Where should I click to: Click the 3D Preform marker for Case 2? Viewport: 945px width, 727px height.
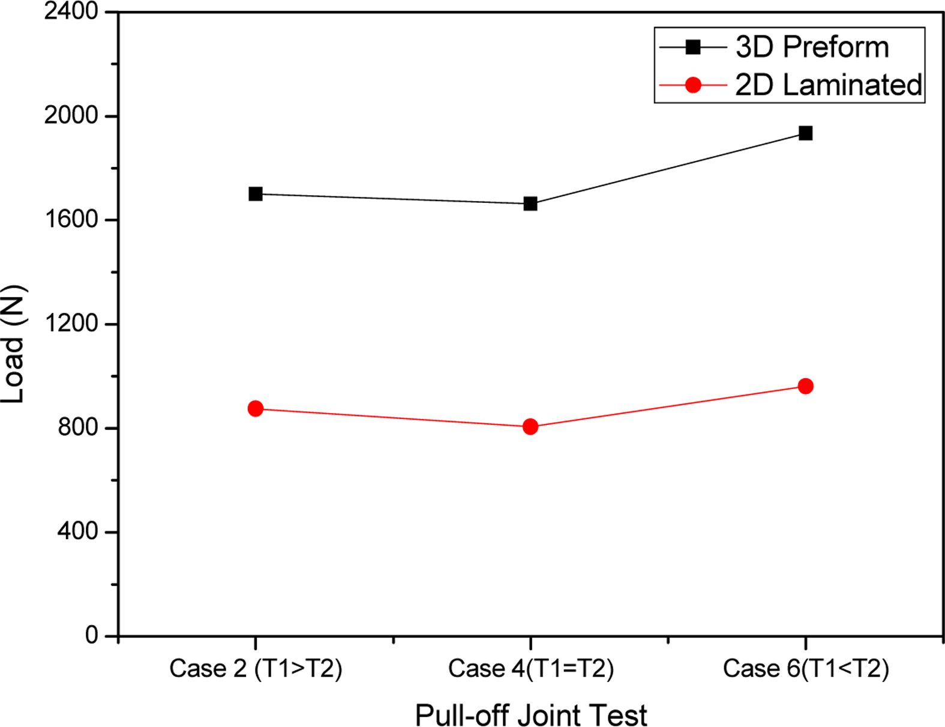coord(256,194)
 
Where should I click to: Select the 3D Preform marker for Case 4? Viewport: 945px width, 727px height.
coord(530,204)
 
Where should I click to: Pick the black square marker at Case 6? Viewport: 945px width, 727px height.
coord(805,133)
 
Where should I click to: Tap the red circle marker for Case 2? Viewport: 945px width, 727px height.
coord(256,409)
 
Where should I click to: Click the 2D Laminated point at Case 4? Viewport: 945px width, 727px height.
coord(530,427)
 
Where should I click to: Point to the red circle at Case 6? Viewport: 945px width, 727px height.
coord(805,386)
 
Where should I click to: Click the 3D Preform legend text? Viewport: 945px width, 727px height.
coord(812,47)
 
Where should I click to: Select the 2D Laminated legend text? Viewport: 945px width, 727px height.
coord(828,85)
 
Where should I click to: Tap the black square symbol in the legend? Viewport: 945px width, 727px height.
coord(693,47)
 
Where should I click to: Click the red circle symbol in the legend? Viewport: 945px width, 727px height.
coord(693,85)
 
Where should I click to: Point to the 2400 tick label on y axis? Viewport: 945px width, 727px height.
coord(71,11)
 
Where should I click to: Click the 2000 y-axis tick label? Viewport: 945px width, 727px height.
coord(71,115)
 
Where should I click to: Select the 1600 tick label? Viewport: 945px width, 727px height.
coord(71,219)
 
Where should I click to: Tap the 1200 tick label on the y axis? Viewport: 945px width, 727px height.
coord(71,324)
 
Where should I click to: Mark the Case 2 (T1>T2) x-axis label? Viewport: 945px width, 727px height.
coord(256,668)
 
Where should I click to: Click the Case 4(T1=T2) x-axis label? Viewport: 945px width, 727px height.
coord(530,668)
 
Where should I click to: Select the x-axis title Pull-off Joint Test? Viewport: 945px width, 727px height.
coord(531,715)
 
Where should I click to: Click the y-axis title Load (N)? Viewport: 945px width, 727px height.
coord(13,343)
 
